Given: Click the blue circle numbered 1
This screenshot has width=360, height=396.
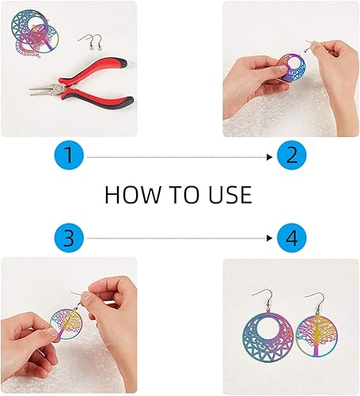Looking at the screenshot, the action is tap(69, 155).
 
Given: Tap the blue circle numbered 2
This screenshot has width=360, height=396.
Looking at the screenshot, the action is tap(292, 155).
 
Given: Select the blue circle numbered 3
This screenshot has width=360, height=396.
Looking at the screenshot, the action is tap(69, 238).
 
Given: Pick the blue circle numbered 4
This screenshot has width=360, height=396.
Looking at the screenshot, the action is tap(292, 238).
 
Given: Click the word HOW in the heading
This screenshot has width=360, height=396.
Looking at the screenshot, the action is tap(133, 195).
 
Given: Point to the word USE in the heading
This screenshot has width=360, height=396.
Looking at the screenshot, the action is tap(230, 195).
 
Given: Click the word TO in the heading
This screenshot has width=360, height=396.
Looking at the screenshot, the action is tap(184, 195).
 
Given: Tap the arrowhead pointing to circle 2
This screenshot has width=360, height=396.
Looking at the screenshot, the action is tap(269, 157).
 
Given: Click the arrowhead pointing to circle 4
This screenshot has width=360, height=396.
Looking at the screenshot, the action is tap(269, 238).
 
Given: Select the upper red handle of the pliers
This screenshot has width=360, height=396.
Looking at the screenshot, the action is tap(93, 70).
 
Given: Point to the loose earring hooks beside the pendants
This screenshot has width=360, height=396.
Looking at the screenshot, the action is tap(91, 42).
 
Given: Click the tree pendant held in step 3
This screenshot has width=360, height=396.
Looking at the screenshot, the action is tap(66, 324).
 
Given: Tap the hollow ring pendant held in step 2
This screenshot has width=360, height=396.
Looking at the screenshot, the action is tap(292, 68).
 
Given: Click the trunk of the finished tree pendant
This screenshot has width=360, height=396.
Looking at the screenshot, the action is tap(316, 343).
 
